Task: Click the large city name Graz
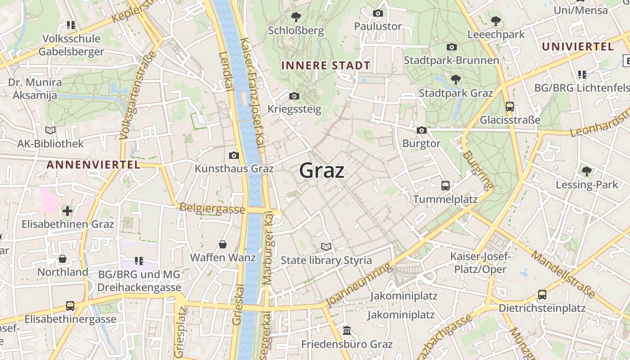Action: (322, 171)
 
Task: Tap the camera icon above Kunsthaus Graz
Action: (234, 156)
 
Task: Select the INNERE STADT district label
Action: (326, 65)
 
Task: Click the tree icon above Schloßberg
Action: (296, 18)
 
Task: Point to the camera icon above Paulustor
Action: (378, 13)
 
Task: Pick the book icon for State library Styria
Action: (326, 247)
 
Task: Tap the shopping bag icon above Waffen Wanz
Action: (223, 244)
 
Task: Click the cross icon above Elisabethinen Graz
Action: (67, 211)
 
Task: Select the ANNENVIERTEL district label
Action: (94, 165)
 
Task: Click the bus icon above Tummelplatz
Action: (445, 185)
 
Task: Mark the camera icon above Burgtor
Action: (422, 130)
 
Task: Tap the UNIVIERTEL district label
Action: (578, 47)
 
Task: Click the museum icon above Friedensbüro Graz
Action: (347, 331)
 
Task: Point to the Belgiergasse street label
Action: (212, 208)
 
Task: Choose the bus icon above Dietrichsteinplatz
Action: (542, 295)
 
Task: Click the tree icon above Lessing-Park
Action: (586, 171)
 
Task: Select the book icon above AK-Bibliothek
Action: (50, 130)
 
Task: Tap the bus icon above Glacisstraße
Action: (510, 107)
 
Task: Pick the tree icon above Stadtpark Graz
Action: (456, 80)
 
